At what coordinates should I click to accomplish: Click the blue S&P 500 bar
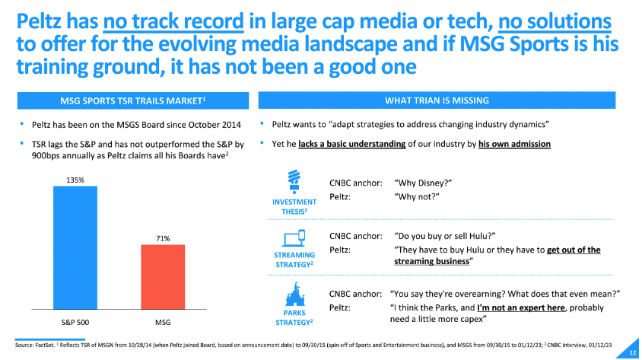tap(75, 247)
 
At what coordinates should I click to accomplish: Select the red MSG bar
tap(163, 277)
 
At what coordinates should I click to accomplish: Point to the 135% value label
tap(75, 180)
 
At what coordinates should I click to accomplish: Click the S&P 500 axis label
tap(75, 322)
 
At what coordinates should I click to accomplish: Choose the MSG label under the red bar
tap(163, 322)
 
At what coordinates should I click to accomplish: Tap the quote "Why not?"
tap(418, 196)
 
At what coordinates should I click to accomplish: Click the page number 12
tap(631, 352)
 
